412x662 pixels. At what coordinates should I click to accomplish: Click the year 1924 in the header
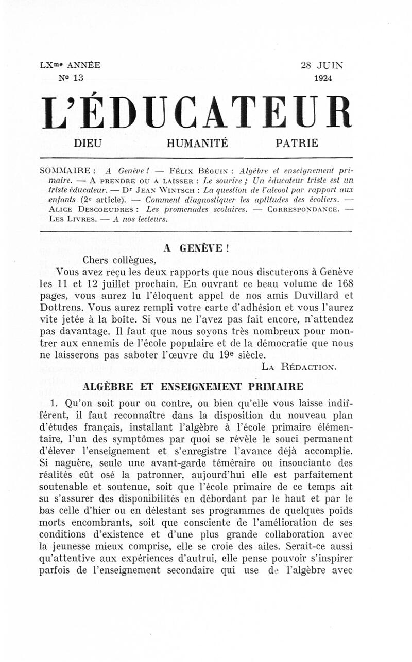[x=323, y=78]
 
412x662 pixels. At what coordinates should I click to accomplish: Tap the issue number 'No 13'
[x=72, y=78]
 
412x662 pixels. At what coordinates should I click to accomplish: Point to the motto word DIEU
[x=88, y=144]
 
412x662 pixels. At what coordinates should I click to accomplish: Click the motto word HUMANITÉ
[x=197, y=144]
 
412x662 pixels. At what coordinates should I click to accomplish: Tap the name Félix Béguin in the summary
[x=203, y=170]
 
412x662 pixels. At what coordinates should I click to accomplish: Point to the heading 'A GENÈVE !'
[x=196, y=248]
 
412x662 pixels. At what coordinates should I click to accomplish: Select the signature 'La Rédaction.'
[x=299, y=367]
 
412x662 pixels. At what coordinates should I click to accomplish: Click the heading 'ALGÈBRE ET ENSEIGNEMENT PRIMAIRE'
[x=193, y=387]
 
